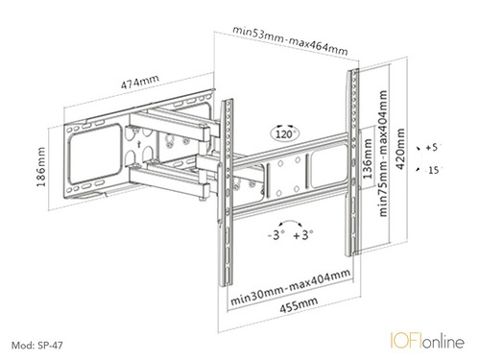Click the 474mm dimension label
click(139, 82)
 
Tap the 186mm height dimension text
click(41, 167)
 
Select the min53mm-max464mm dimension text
click(290, 40)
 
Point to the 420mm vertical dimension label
click(400, 149)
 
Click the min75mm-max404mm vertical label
click(383, 154)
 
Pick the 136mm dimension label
click(368, 158)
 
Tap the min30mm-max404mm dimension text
click(290, 287)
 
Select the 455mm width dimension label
click(299, 304)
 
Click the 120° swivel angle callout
click(284, 133)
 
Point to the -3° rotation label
click(276, 235)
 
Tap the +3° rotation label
click(303, 235)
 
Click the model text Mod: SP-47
click(37, 346)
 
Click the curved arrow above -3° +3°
click(290, 221)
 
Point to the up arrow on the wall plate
click(138, 144)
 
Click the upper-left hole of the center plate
click(280, 164)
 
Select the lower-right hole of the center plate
click(297, 189)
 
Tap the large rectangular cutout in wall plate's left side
click(95, 154)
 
